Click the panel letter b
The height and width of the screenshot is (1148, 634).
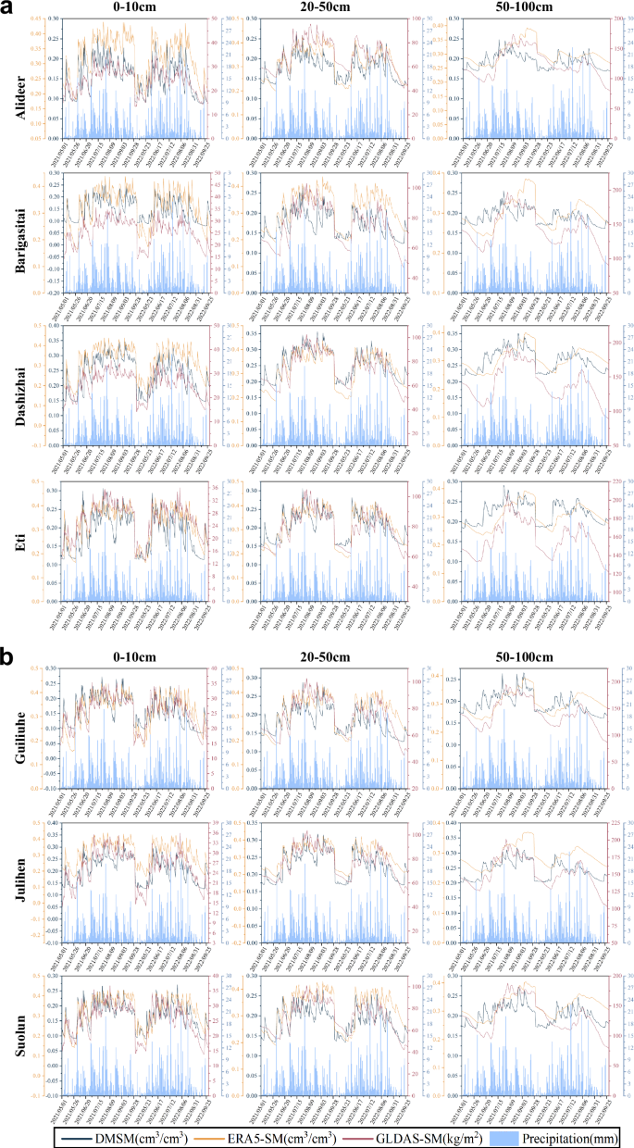pyautogui.click(x=7, y=657)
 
